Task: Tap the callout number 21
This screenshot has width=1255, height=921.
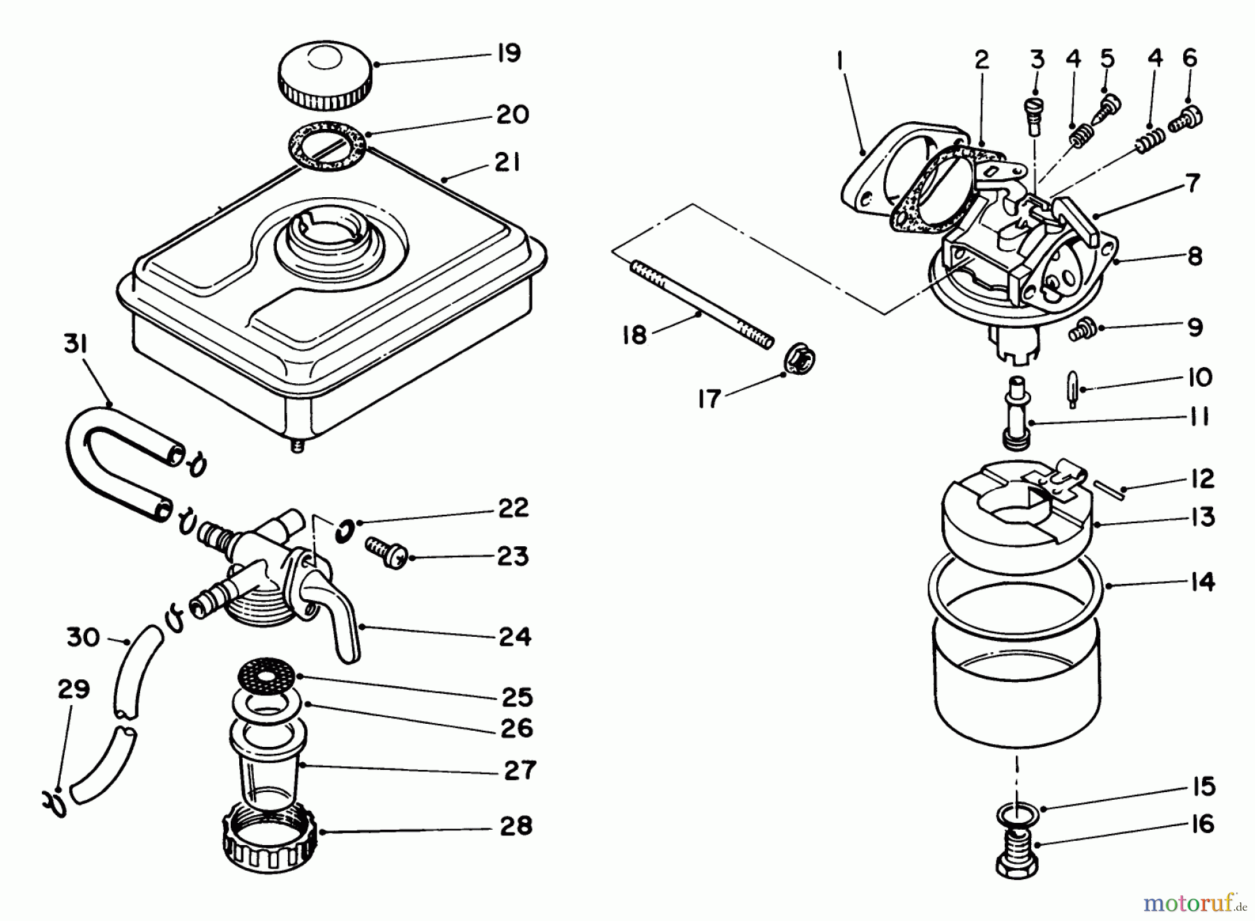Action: click(x=507, y=163)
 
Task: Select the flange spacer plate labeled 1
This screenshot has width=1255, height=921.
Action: click(x=875, y=167)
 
